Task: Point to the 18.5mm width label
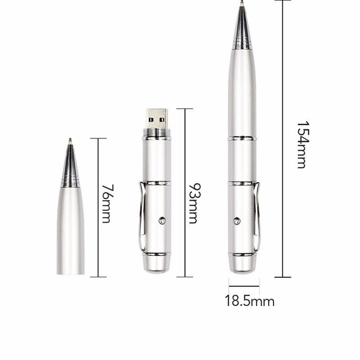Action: click(250, 301)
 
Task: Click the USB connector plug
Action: click(157, 119)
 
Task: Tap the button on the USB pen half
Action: click(162, 220)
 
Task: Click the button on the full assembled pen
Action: click(237, 221)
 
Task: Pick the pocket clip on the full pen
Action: click(257, 216)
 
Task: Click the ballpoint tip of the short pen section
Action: click(70, 140)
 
